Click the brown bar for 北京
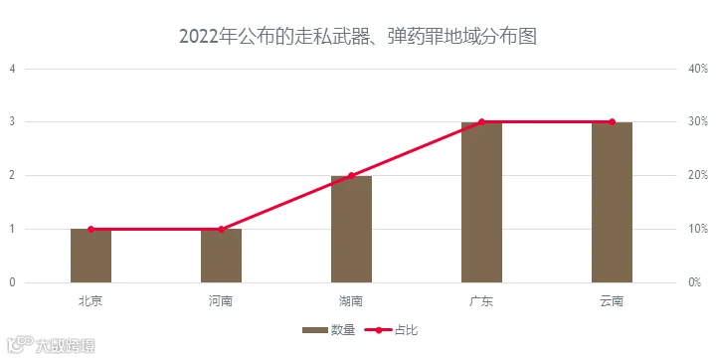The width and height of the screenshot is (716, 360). point(90,256)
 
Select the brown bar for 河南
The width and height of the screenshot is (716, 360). point(221,256)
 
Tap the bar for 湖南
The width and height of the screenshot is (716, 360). point(352,229)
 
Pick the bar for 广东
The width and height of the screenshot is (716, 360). point(481,203)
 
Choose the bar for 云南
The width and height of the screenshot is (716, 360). point(612,203)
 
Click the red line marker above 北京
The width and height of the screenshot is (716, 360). point(90,230)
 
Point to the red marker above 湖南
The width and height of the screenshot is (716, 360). point(352,176)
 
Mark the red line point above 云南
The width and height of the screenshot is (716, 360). point(612,122)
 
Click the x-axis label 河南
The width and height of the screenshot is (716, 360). point(221,301)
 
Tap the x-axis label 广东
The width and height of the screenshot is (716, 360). point(481,301)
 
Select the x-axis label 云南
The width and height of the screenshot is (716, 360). point(612,301)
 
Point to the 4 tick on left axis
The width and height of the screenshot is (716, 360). point(12,69)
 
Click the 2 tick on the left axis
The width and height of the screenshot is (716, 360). point(12,175)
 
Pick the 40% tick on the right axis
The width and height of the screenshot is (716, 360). point(698,69)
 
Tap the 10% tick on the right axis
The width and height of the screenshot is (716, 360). point(698,229)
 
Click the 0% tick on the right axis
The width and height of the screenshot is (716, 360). point(694,282)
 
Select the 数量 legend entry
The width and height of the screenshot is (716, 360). point(329,330)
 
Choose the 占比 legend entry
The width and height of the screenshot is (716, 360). point(392,330)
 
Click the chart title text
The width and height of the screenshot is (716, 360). point(358,37)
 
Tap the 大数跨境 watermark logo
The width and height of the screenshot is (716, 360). point(51,345)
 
